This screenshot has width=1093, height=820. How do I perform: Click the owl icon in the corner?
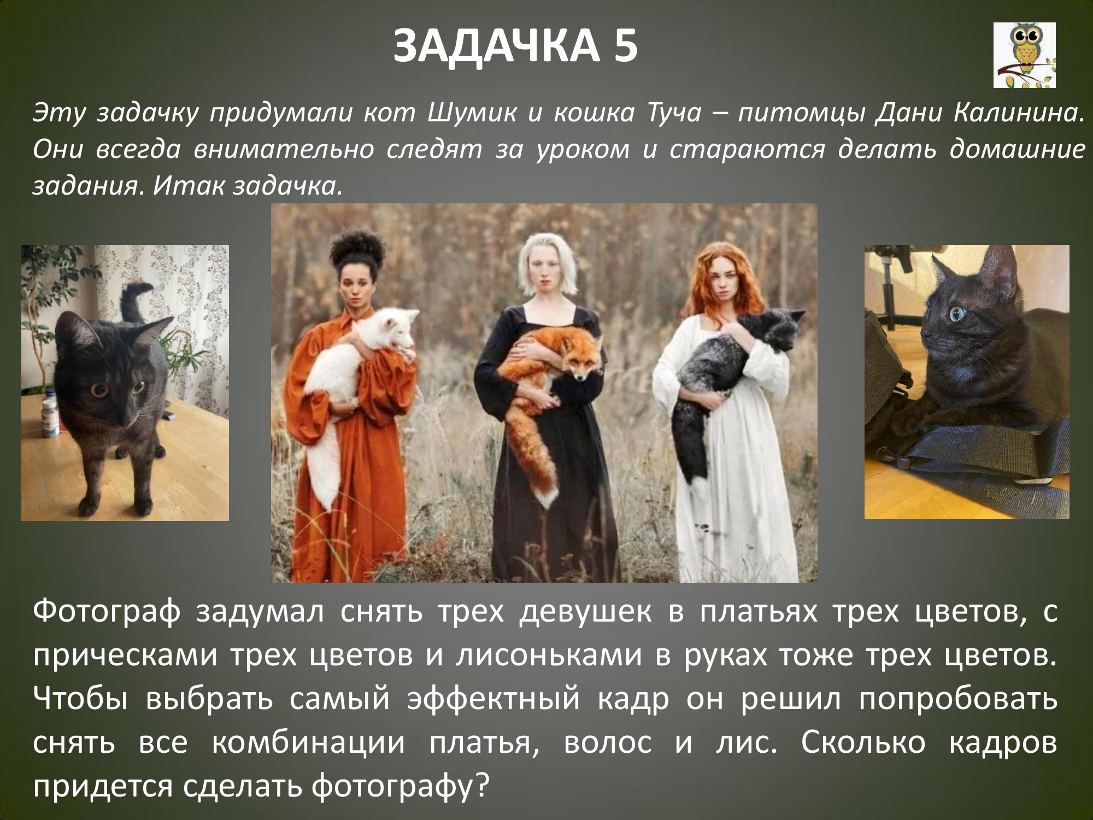click(1024, 55)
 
